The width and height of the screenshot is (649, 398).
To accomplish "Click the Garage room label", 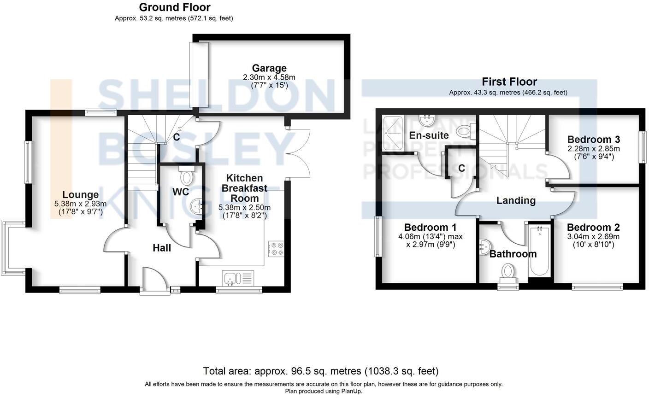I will coord(269,69).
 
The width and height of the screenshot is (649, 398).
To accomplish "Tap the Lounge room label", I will coord(80,195).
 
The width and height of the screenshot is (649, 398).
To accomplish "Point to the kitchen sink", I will coord(230,278).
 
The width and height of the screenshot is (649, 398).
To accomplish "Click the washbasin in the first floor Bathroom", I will coord(484,247).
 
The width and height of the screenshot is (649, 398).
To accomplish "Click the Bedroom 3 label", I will coord(593,140).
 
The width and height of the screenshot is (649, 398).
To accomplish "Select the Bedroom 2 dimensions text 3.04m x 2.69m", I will coord(593,237).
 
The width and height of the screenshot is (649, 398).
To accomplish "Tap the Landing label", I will coord(516,200).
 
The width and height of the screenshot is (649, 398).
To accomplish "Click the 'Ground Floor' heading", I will coord(174,7).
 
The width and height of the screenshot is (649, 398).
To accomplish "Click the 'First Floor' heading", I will coord(509,82).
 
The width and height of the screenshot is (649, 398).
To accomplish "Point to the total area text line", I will coord(321,371).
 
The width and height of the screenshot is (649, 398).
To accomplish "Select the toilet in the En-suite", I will coord(463,132).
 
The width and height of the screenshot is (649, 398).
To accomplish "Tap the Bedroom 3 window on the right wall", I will coord(641,147).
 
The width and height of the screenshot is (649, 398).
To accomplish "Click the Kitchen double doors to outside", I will coord(299,153).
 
